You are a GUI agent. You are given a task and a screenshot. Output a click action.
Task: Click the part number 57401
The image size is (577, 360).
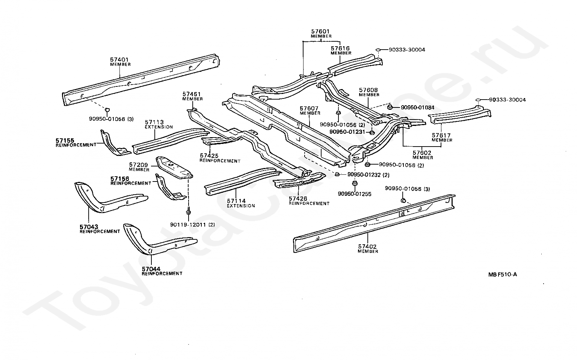pyautogui.click(x=119, y=59)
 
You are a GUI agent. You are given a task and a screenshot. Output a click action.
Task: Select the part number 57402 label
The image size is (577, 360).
pyautogui.click(x=367, y=247)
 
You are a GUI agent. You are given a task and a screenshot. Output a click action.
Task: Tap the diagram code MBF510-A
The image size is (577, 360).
pyautogui.click(x=502, y=274)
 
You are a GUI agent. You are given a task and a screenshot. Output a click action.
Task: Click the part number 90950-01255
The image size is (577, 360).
pyautogui.click(x=355, y=194)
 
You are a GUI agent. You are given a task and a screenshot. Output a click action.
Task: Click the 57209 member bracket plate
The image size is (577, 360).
pyautogui.click(x=174, y=168)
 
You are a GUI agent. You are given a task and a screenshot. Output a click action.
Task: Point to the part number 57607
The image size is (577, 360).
pyautogui.click(x=309, y=109)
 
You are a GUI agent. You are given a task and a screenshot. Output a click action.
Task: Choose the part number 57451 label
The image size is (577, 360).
pyautogui.click(x=192, y=94)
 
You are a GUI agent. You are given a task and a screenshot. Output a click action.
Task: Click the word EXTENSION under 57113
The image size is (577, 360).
pyautogui.click(x=159, y=127)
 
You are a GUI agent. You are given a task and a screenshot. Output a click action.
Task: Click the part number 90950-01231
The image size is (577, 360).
pyautogui.click(x=347, y=132)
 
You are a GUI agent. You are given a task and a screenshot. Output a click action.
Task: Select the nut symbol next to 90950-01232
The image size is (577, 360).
pyautogui.click(x=337, y=174)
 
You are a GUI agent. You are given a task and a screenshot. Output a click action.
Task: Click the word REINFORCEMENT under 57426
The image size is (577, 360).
pyautogui.click(x=309, y=204)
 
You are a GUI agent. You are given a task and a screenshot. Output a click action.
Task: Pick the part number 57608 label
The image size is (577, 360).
pyautogui.click(x=369, y=90)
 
